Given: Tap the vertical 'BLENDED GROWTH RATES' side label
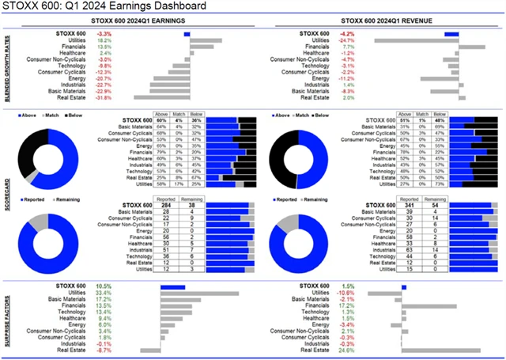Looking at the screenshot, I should click(x=7, y=66).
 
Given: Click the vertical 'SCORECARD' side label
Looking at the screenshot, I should click(x=7, y=190).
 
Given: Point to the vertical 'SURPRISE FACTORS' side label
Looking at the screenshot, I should click(x=7, y=316).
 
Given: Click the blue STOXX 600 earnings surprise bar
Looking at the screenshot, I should click(x=172, y=286).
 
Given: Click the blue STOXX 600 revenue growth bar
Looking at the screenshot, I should click(x=451, y=34).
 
